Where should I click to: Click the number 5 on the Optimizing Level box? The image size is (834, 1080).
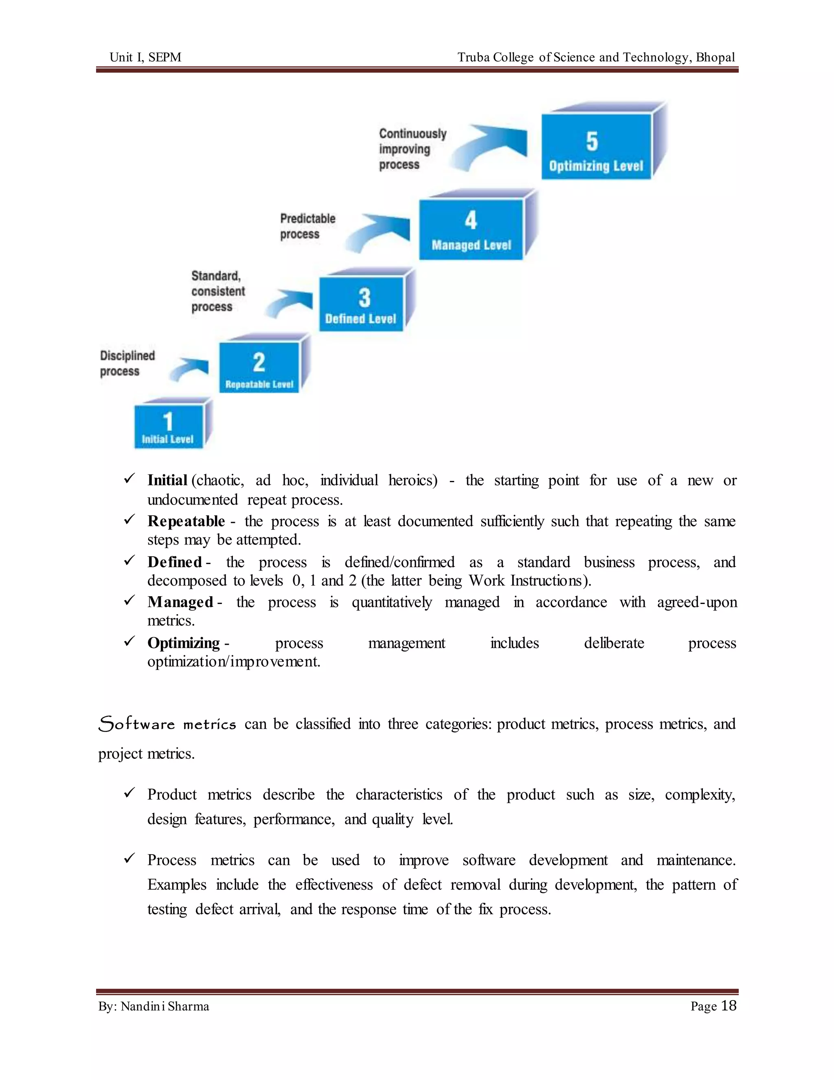point(592,141)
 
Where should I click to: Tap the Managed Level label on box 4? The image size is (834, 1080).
point(471,245)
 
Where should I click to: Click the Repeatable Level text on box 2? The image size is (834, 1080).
point(259,384)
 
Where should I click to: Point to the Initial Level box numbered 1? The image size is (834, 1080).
point(169,427)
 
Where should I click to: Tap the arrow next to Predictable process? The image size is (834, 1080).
point(378,232)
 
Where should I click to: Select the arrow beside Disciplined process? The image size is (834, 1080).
point(189,369)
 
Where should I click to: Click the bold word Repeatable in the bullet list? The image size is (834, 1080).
point(186,521)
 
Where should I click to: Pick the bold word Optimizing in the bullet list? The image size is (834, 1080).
point(183,643)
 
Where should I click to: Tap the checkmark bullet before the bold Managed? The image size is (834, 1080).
point(129,600)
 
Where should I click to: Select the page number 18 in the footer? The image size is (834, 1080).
point(729,1005)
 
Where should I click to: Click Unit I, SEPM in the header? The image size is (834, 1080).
point(145,57)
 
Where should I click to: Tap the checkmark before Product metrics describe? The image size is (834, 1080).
point(129,793)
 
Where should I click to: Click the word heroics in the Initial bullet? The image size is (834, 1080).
point(413,480)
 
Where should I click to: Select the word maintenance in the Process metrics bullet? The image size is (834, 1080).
point(695,860)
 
